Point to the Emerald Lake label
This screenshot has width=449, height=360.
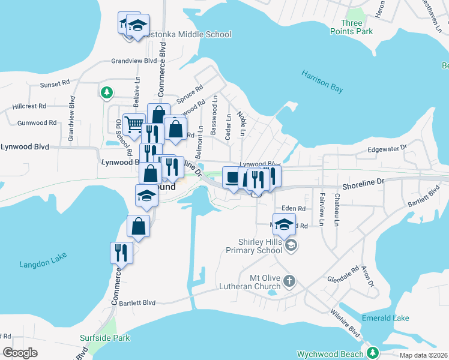pyautogui.click(x=385, y=318)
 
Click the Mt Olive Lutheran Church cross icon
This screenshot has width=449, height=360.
pyautogui.click(x=289, y=281)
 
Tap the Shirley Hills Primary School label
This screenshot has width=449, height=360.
pyautogui.click(x=260, y=246)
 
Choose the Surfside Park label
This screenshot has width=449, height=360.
pyautogui.click(x=105, y=338)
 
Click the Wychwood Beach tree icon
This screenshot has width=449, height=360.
pyautogui.click(x=373, y=352)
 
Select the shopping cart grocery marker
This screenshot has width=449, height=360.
pyautogui.click(x=133, y=125)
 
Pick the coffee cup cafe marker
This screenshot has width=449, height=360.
pyautogui.click(x=232, y=176)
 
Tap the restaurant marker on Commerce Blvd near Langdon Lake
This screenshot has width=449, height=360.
pyautogui.click(x=121, y=252)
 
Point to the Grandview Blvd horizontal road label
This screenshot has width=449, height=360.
pyautogui.click(x=134, y=61)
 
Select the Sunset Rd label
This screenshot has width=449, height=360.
pyautogui.click(x=55, y=85)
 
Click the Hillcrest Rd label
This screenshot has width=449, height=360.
pyautogui.click(x=29, y=106)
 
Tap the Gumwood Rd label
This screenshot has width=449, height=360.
pyautogui.click(x=37, y=122)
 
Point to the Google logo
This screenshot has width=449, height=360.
pyautogui.click(x=20, y=353)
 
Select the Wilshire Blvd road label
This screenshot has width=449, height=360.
pyautogui.click(x=345, y=322)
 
